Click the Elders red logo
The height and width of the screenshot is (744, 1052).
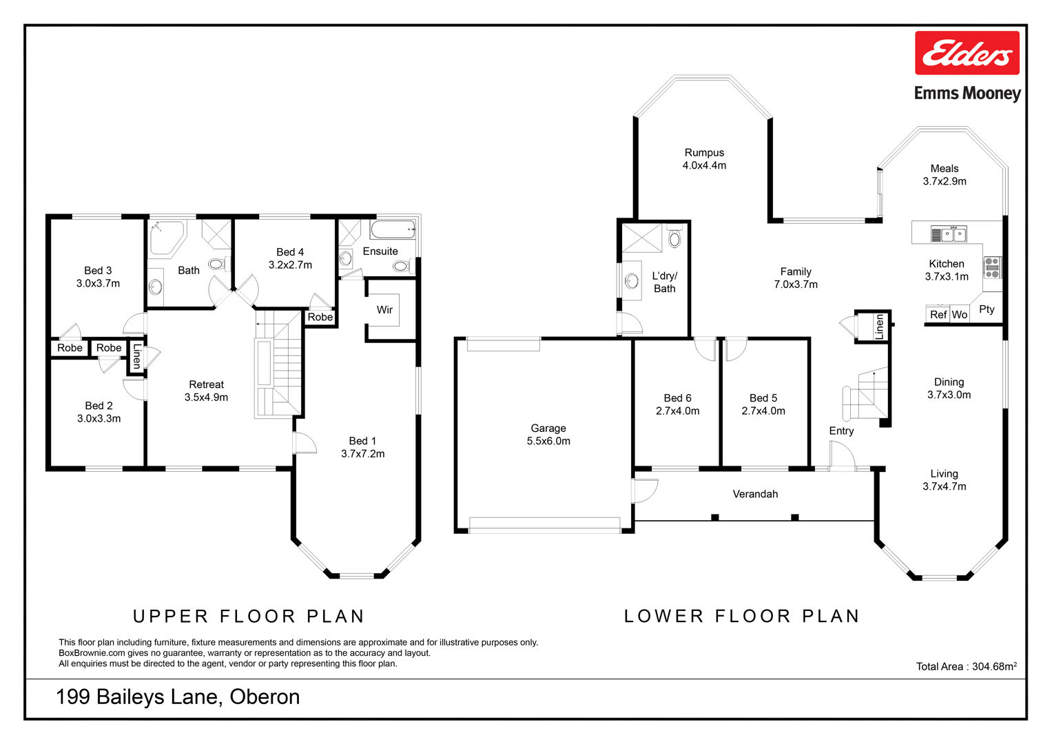(967, 53)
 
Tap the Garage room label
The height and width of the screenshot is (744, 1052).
(548, 428)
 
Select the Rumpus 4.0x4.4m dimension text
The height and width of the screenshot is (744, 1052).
(704, 165)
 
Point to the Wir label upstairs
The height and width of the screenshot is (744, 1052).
(384, 310)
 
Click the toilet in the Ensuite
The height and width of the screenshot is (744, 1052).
(400, 266)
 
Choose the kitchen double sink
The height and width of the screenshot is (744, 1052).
(949, 234)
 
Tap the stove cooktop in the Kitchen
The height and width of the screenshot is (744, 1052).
(991, 267)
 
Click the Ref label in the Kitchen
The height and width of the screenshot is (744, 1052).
(938, 315)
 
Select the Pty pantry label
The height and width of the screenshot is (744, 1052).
(987, 309)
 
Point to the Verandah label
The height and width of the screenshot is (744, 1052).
(755, 494)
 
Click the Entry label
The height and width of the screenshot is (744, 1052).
(841, 431)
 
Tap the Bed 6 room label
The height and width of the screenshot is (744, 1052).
(677, 398)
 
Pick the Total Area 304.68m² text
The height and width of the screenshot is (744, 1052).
(966, 666)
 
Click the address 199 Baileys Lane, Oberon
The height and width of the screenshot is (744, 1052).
(178, 697)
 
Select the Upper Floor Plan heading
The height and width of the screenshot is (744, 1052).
(249, 616)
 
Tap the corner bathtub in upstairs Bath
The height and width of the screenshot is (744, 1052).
(167, 237)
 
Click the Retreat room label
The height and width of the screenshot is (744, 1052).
(206, 384)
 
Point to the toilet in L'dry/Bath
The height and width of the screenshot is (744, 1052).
(674, 238)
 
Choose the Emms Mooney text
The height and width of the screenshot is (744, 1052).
(967, 93)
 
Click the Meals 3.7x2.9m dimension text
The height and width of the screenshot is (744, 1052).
(945, 182)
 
